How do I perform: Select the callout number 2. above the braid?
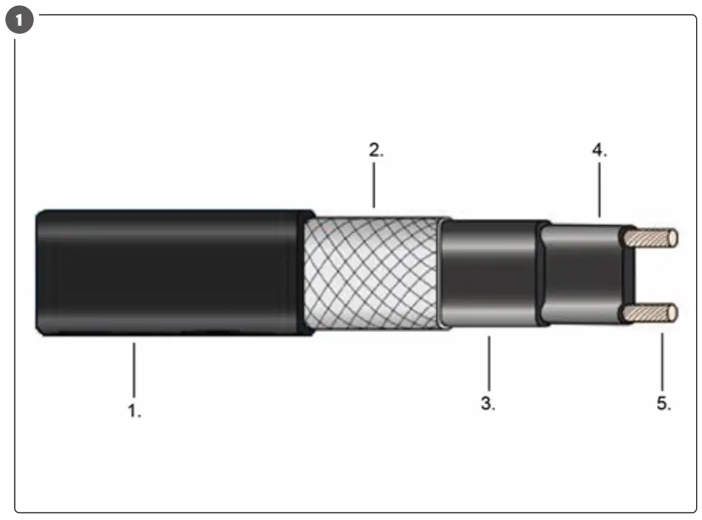376,150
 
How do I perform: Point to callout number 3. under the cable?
488,405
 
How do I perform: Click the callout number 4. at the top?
599,150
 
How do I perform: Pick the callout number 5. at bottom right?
663,405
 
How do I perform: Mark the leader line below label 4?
599,191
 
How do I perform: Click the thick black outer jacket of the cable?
170,273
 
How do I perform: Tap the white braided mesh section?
372,273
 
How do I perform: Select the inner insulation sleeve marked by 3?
490,273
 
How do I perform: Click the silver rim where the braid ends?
442,273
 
